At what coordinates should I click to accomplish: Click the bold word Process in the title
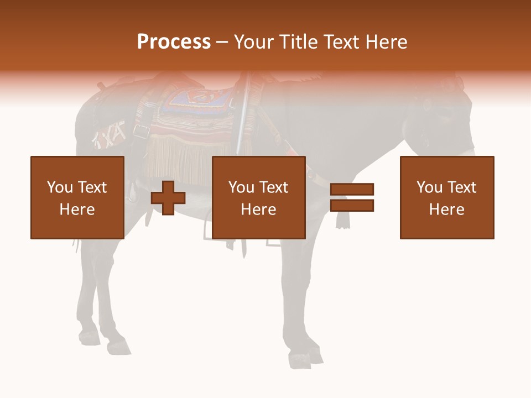pos(174,42)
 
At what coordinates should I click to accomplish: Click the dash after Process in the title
pos(222,43)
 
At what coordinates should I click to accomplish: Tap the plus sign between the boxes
pos(168,198)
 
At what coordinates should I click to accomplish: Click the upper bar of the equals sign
pos(352,190)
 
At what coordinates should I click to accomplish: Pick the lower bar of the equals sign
pos(352,206)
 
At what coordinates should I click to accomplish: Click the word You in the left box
pos(60,187)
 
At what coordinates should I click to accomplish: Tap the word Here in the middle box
pos(259,210)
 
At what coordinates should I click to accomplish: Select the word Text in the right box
pos(461,187)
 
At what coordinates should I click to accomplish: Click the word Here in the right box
pos(447,210)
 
